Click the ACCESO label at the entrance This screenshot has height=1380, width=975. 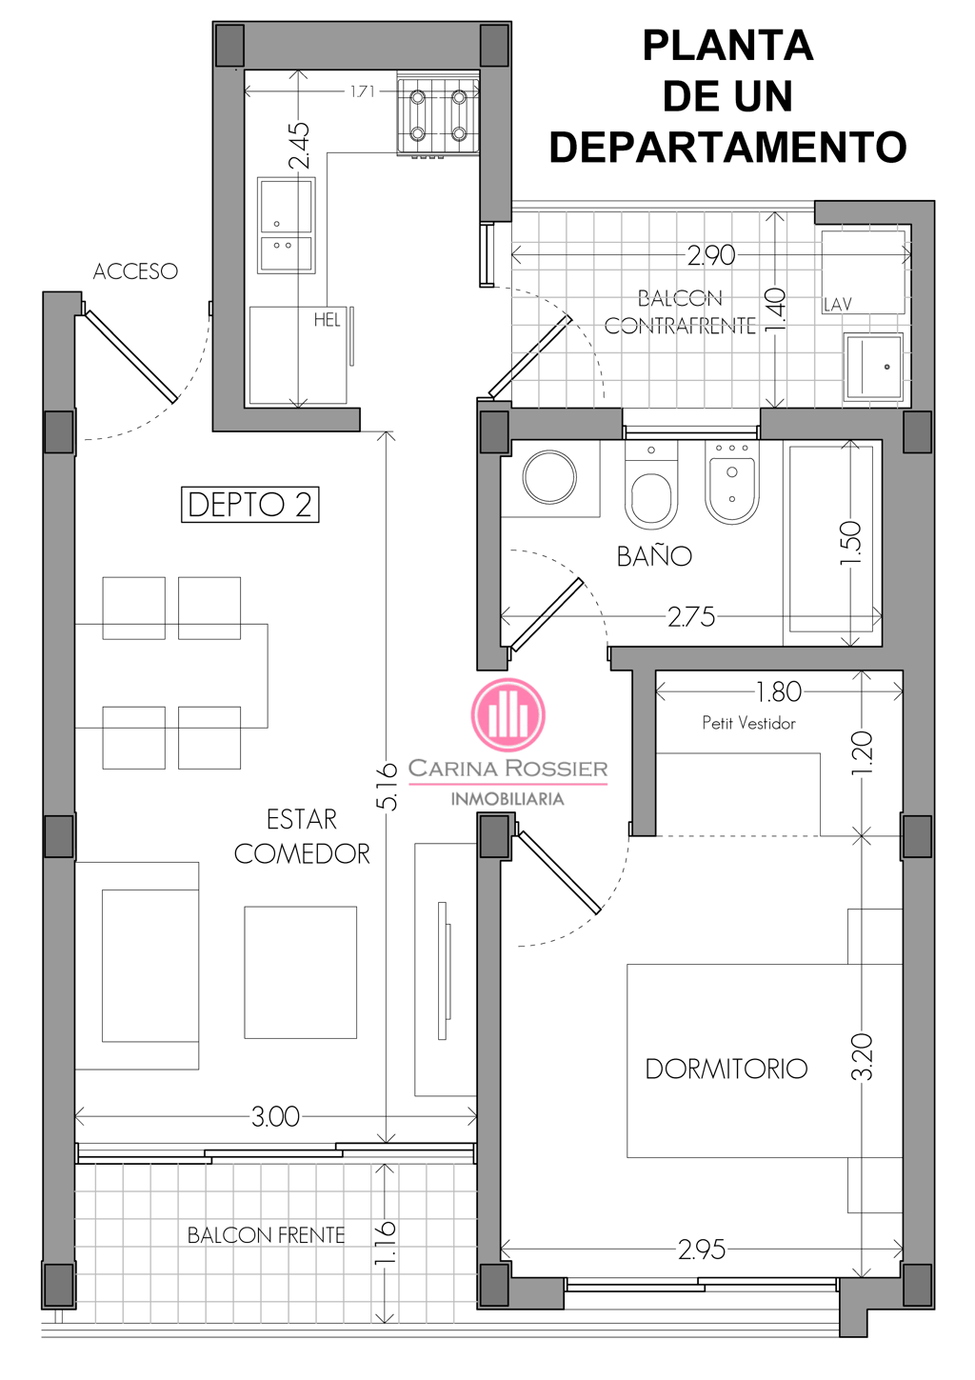[135, 271]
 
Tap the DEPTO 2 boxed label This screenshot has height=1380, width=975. [250, 505]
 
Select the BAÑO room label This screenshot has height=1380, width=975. [655, 554]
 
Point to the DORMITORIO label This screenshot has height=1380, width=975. [726, 1069]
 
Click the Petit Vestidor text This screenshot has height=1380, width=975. [749, 723]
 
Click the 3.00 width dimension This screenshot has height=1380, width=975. [275, 1116]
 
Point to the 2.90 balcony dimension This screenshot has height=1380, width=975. [711, 255]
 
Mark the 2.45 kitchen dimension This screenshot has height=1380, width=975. [299, 146]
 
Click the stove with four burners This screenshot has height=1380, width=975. [438, 116]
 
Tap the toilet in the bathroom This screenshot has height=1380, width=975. [651, 485]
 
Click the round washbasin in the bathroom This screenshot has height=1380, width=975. [549, 477]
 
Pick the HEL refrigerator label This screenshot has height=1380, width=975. [327, 320]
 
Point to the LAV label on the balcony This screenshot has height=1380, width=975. [838, 305]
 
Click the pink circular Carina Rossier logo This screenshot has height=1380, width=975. [508, 715]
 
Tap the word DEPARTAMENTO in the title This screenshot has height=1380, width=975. [728, 147]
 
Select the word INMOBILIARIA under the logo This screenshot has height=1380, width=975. [507, 799]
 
